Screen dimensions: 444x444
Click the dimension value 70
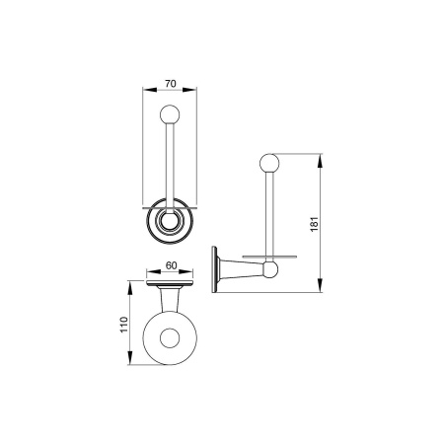171,84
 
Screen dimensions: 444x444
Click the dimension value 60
171,265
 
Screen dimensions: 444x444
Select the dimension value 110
123,325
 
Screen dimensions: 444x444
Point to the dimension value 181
315,224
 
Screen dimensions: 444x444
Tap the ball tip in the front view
170,114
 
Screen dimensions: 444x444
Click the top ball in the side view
269,164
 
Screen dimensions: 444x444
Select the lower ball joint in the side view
270,270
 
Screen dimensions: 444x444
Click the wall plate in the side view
215,269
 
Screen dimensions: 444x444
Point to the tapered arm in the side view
241,269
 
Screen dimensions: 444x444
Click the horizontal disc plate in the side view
269,257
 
